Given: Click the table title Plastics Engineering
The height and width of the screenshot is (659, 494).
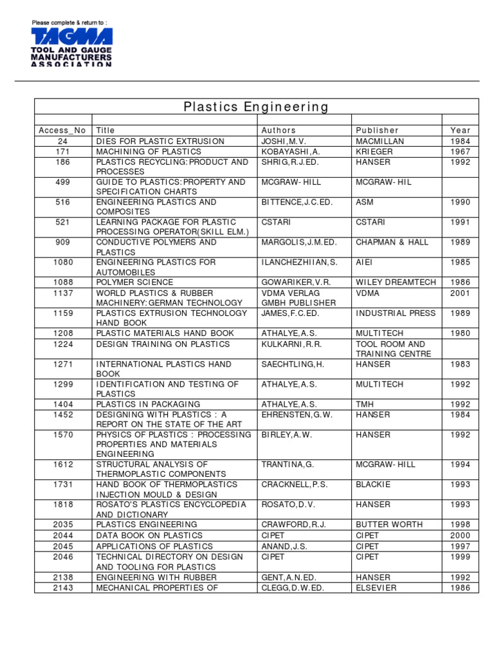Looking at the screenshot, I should click(x=256, y=107).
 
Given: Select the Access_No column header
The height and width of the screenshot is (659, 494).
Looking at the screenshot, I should click(x=62, y=131).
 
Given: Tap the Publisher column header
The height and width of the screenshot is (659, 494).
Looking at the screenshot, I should click(x=377, y=131).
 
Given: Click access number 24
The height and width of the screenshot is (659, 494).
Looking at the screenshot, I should click(x=62, y=141).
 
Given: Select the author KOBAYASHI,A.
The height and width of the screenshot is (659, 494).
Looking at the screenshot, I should click(x=291, y=151).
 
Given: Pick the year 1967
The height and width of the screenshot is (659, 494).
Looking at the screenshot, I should click(x=460, y=151).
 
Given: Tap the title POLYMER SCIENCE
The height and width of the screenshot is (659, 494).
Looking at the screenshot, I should click(x=134, y=283).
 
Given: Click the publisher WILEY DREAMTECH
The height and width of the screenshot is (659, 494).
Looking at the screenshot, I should click(x=396, y=283).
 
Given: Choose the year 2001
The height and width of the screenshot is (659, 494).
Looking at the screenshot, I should click(x=460, y=293).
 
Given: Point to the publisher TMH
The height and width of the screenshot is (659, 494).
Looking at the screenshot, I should click(x=365, y=404).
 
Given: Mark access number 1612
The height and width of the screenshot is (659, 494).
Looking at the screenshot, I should click(x=62, y=465).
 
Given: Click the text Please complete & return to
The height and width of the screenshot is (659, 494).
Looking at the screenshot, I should click(x=69, y=23).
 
